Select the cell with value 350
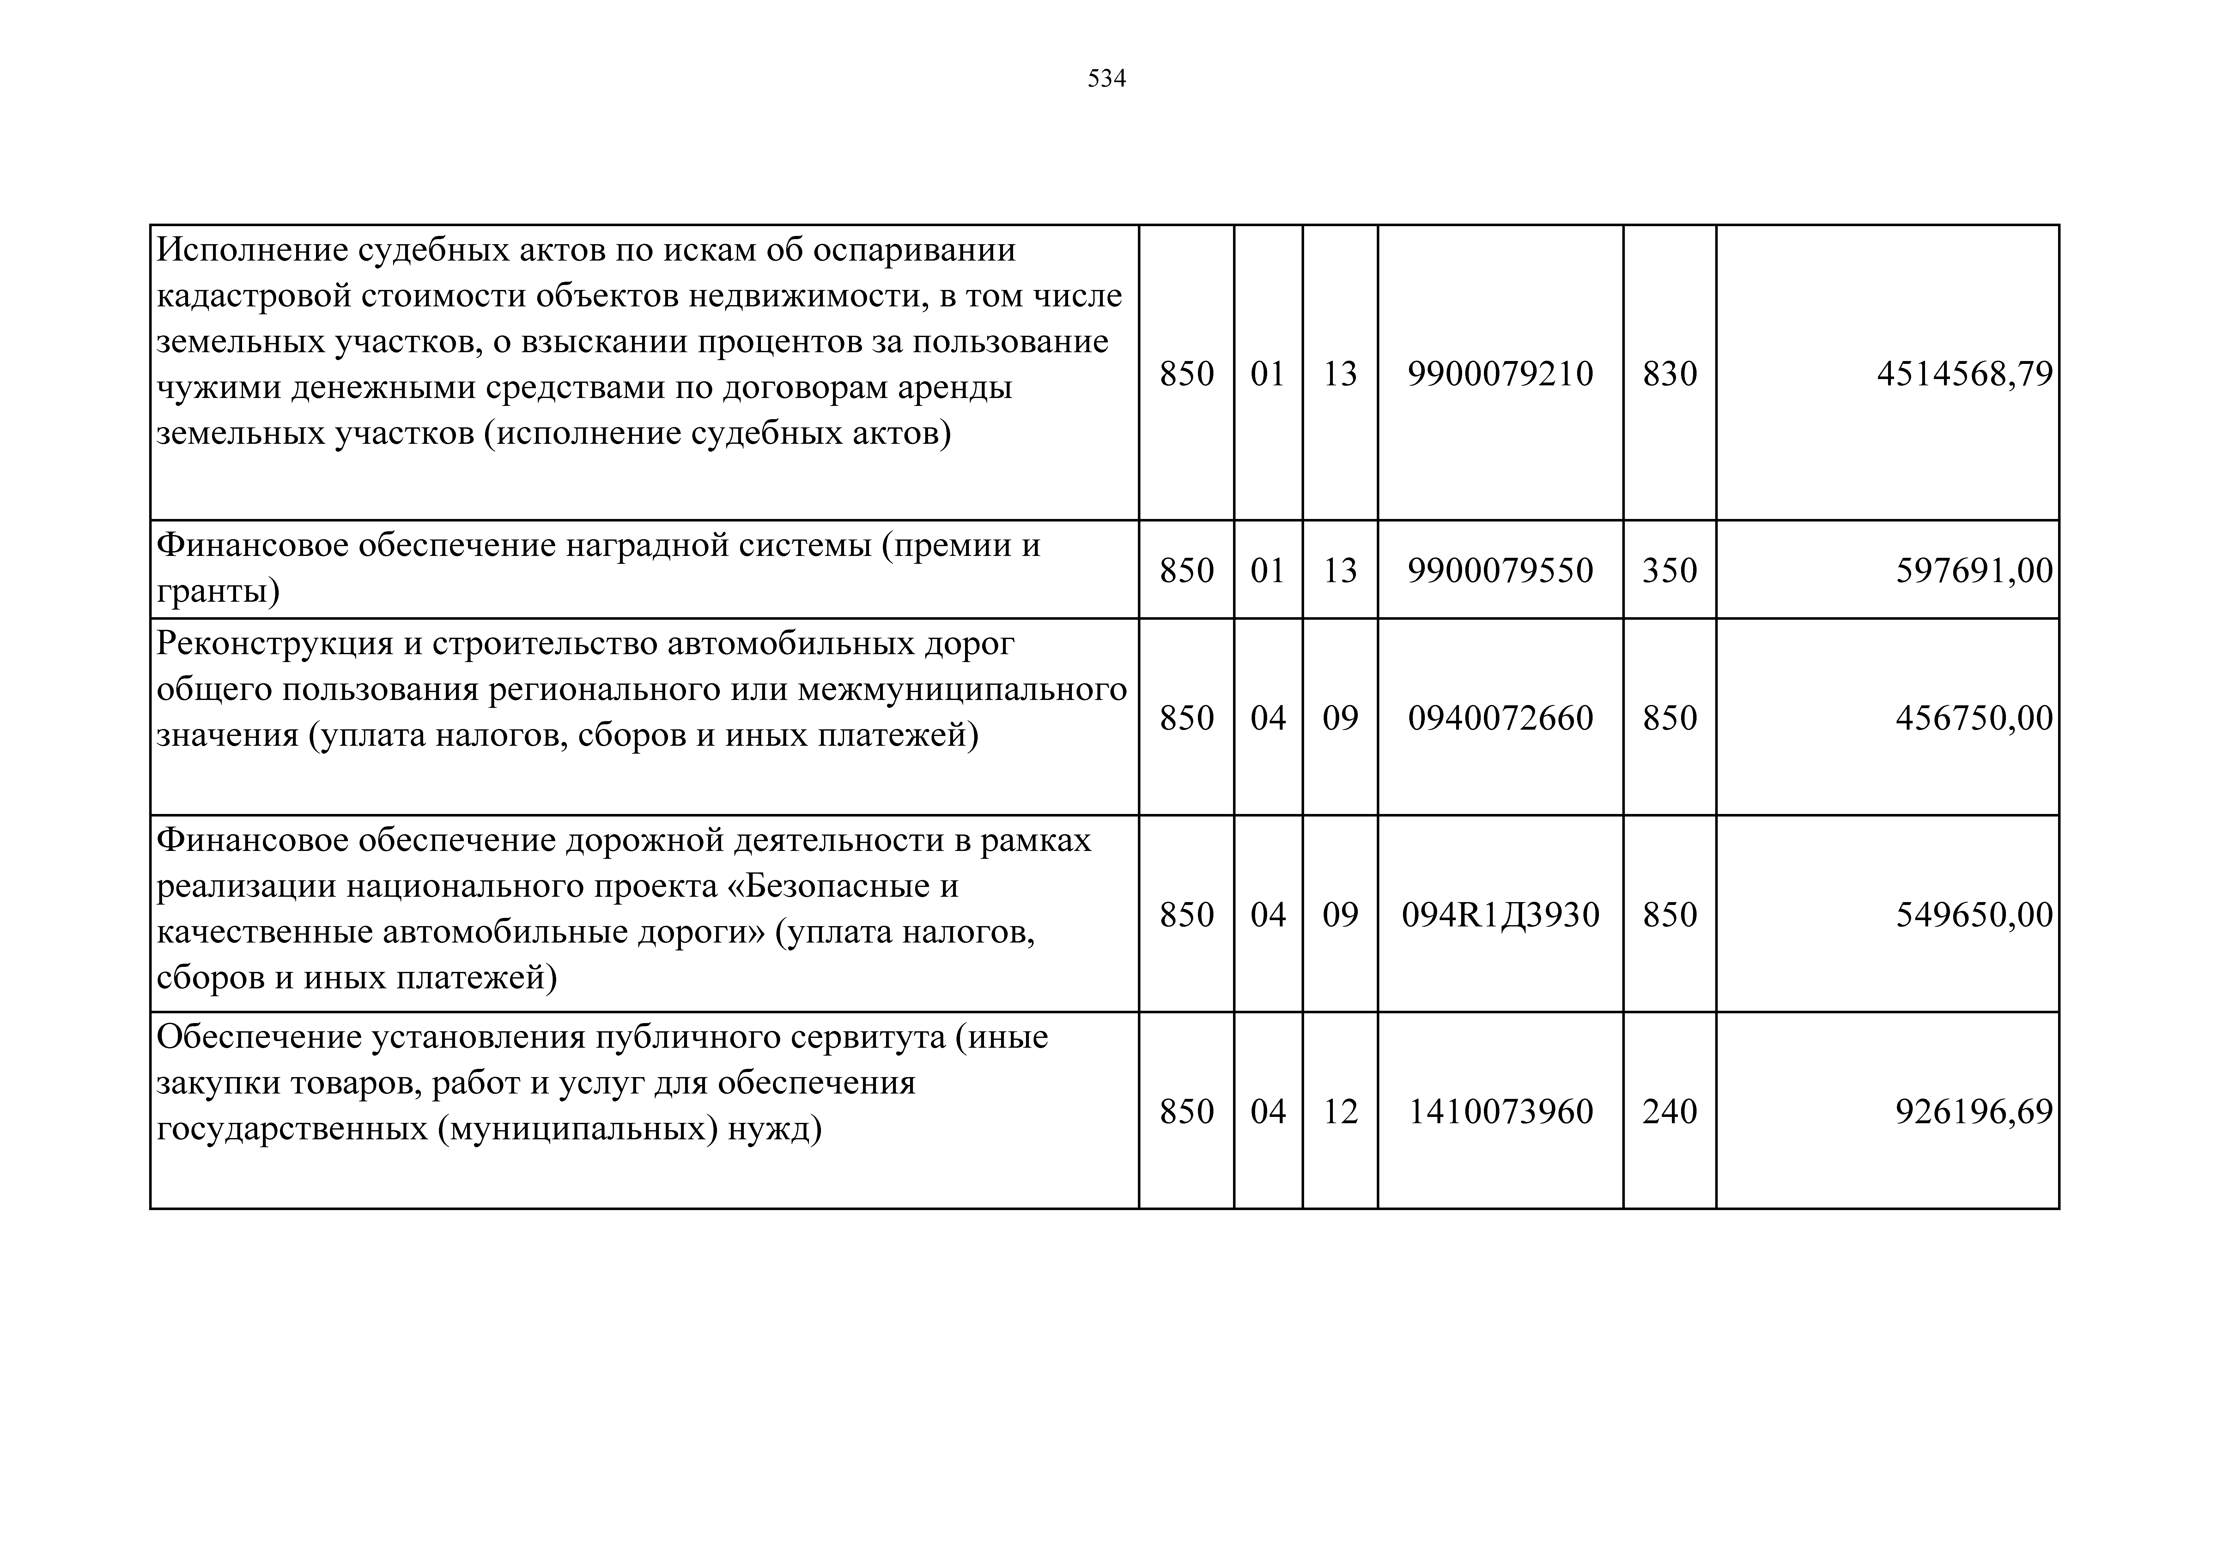(1669, 571)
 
